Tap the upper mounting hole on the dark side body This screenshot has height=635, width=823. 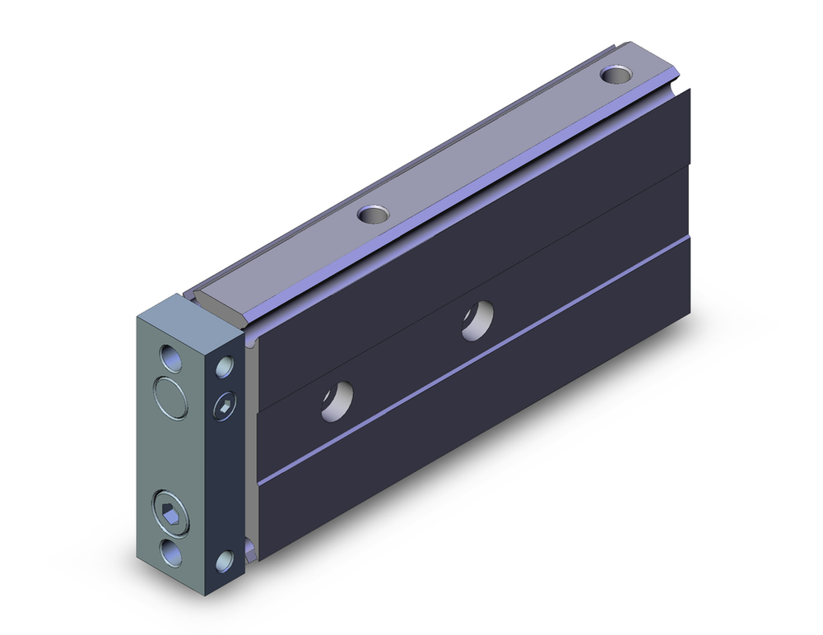pos(477,320)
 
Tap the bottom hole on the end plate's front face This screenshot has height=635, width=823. pos(173,552)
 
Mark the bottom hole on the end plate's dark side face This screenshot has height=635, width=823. pos(225,562)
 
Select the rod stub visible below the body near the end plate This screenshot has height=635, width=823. pos(249,547)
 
